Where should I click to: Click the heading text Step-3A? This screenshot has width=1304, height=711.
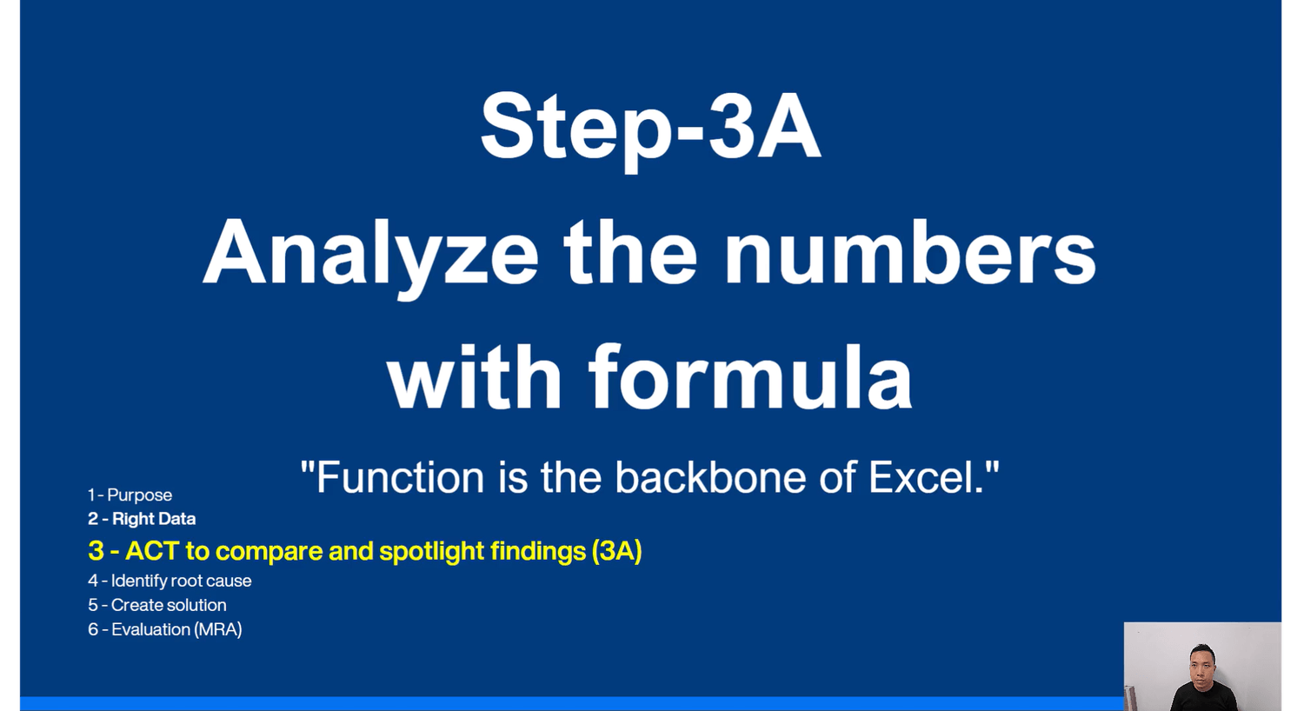click(x=650, y=130)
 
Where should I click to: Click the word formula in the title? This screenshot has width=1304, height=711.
click(x=750, y=377)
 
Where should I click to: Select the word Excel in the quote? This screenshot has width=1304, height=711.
click(x=921, y=477)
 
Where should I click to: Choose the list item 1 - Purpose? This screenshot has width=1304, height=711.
click(x=130, y=495)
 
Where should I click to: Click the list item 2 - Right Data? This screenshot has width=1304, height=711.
click(x=142, y=518)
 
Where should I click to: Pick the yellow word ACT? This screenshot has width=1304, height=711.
click(x=152, y=551)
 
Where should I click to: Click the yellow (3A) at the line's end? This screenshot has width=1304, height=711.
click(x=616, y=551)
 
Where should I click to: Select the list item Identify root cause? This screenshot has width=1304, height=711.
click(x=181, y=581)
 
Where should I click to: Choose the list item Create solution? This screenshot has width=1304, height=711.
click(x=169, y=605)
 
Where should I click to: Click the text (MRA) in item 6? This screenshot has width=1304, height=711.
click(x=218, y=629)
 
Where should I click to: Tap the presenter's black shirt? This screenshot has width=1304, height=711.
click(x=1203, y=697)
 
